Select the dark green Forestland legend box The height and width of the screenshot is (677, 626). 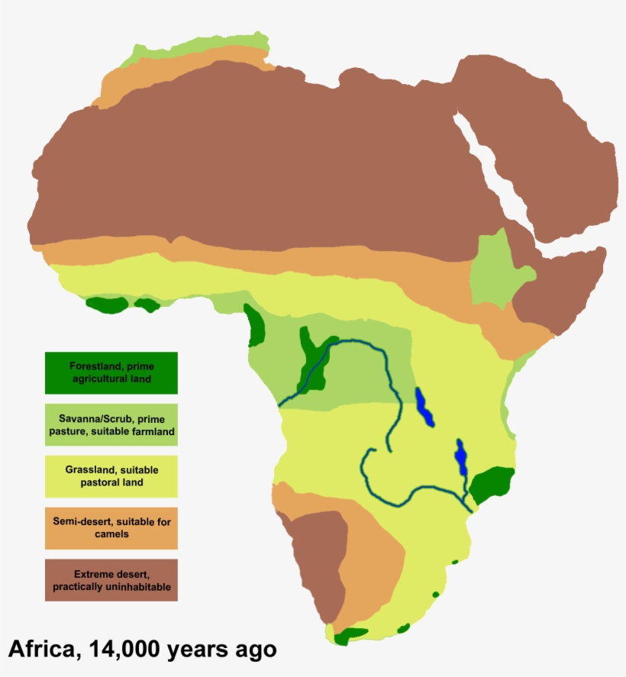(111, 372)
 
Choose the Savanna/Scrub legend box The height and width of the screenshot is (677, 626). (111, 424)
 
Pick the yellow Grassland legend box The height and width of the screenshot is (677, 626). (111, 476)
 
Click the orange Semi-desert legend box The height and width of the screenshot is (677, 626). (111, 528)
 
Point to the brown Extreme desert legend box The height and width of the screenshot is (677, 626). (111, 580)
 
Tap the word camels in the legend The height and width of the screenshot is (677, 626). (111, 534)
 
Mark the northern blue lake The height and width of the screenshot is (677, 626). (424, 408)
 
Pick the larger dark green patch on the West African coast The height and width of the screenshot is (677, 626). (107, 305)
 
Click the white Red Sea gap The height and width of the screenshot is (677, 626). (492, 172)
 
